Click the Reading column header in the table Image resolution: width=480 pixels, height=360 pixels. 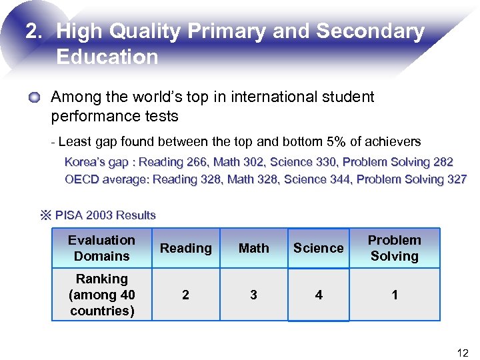pyautogui.click(x=185, y=248)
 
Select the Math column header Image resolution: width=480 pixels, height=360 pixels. pyautogui.click(x=253, y=248)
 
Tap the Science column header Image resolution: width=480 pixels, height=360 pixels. pyautogui.click(x=318, y=248)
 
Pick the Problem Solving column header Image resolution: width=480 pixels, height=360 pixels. pyautogui.click(x=395, y=248)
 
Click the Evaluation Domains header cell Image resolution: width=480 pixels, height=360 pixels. pyautogui.click(x=101, y=248)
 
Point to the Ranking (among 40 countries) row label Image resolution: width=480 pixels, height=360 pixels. pyautogui.click(x=101, y=294)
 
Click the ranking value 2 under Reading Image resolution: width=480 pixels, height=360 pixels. pyautogui.click(x=185, y=295)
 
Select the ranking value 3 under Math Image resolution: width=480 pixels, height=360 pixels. pyautogui.click(x=253, y=295)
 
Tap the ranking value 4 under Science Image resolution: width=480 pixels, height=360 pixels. pyautogui.click(x=318, y=295)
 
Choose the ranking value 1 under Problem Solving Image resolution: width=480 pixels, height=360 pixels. pyautogui.click(x=395, y=295)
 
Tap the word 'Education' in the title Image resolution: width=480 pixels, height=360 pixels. pyautogui.click(x=107, y=57)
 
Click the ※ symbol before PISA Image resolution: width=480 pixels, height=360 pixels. pyautogui.click(x=46, y=215)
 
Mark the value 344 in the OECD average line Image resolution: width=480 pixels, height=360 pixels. pyautogui.click(x=341, y=179)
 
